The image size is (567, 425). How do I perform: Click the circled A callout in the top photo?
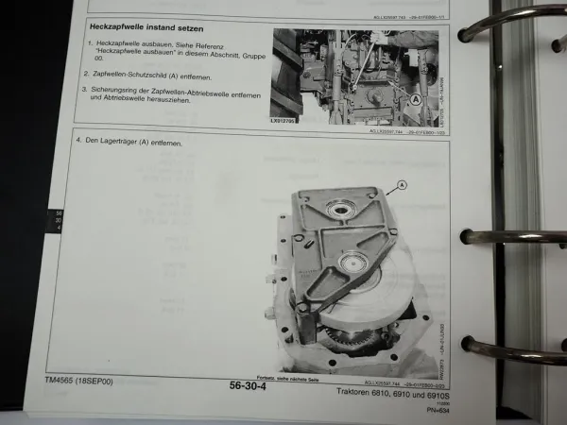pyautogui.click(x=417, y=97)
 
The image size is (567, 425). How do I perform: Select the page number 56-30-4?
pyautogui.click(x=253, y=385)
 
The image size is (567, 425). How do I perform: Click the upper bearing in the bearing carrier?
pyautogui.click(x=338, y=207)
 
